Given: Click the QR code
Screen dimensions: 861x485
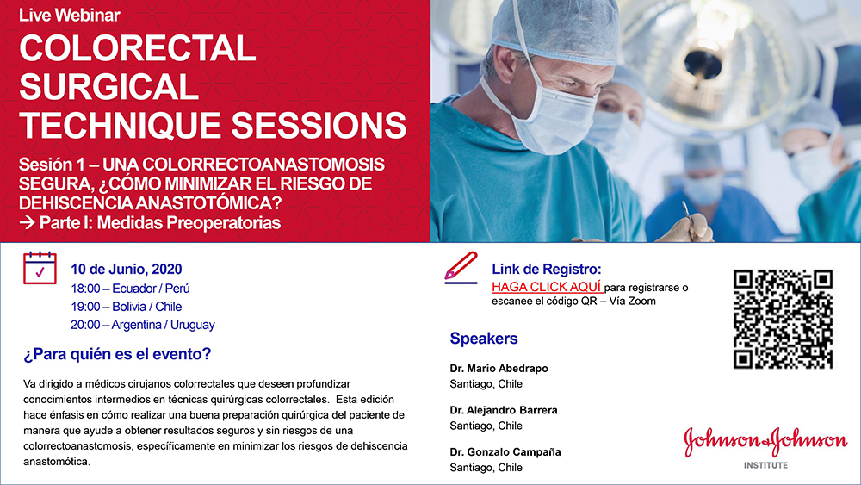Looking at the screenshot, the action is pyautogui.click(x=783, y=319).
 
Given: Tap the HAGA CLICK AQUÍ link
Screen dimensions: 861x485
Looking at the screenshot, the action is pyautogui.click(x=548, y=287).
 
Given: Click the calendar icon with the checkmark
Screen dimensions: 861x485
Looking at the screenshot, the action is pyautogui.click(x=40, y=268).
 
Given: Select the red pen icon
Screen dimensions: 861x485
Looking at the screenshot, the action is pyautogui.click(x=461, y=268).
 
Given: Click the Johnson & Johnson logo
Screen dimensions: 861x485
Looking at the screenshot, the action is pyautogui.click(x=765, y=440).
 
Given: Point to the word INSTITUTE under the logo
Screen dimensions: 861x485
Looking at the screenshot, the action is pyautogui.click(x=765, y=465).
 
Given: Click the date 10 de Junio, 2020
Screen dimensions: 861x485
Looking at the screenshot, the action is pyautogui.click(x=127, y=269).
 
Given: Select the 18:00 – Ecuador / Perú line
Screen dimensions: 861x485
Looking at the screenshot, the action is pyautogui.click(x=130, y=289).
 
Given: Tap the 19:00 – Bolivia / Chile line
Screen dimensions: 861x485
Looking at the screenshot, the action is pyautogui.click(x=127, y=307).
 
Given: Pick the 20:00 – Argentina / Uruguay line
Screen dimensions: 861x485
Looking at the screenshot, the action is pyautogui.click(x=143, y=325).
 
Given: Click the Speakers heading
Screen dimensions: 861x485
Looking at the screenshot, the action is pyautogui.click(x=484, y=339).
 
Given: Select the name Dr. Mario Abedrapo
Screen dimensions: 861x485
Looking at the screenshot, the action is pyautogui.click(x=499, y=369).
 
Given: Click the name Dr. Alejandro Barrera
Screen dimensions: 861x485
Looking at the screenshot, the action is pyautogui.click(x=504, y=410).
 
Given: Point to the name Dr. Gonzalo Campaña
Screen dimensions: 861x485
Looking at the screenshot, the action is pyautogui.click(x=505, y=452).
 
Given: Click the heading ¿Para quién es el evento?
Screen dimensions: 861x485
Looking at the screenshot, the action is pyautogui.click(x=117, y=354).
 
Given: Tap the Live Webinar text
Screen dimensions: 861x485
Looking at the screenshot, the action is pyautogui.click(x=69, y=15).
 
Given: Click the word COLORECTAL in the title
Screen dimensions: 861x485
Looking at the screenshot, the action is pyautogui.click(x=137, y=48).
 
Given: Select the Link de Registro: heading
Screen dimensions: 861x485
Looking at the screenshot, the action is pyautogui.click(x=547, y=269).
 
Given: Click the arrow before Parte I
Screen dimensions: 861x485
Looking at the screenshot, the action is pyautogui.click(x=27, y=223).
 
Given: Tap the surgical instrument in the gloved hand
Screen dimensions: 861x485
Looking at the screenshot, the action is pyautogui.click(x=688, y=221).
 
